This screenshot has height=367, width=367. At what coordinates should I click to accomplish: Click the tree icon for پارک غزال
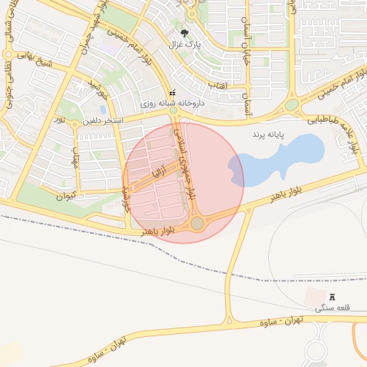coord(185,33)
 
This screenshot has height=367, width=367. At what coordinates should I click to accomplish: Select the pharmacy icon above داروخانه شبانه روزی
coord(171,93)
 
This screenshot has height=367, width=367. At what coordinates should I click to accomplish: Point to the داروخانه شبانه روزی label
coord(171,104)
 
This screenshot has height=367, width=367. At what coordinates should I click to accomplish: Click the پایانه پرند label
coord(267,134)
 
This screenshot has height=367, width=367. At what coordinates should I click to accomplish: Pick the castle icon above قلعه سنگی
coord(331,297)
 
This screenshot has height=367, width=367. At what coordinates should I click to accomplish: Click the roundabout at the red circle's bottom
coord(198,224)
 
